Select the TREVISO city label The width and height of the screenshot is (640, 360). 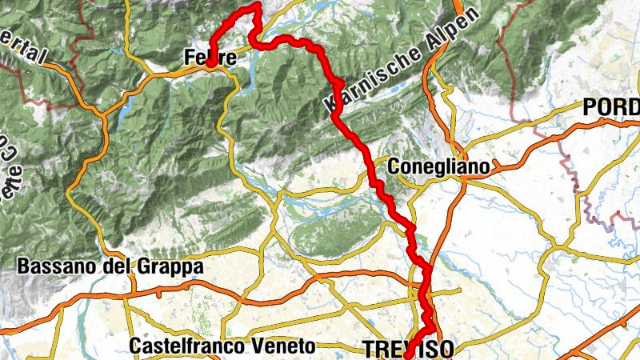(408, 349)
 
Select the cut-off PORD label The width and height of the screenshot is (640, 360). (611, 106)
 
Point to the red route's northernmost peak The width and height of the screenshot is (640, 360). (256, 6)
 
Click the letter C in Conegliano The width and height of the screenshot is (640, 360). (392, 166)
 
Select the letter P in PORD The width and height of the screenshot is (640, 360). (590, 106)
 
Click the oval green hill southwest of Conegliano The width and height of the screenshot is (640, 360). (328, 232)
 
